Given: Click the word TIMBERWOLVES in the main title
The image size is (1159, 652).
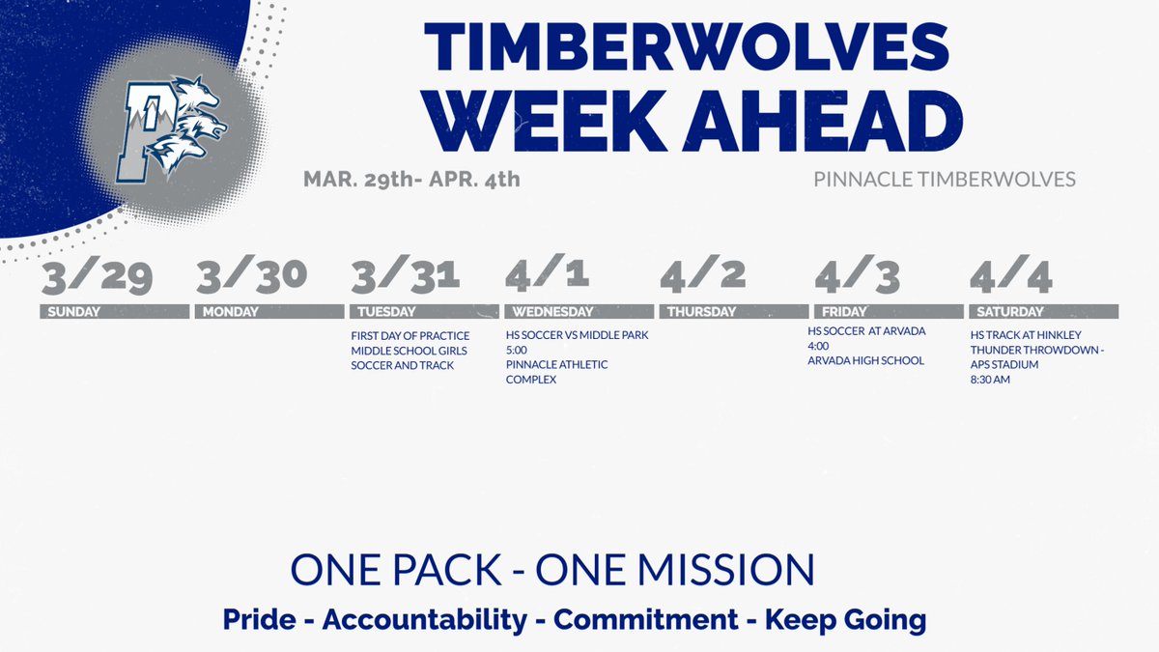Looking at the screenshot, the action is pyautogui.click(x=687, y=46).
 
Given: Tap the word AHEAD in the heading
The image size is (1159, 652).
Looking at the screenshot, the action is pyautogui.click(x=823, y=121).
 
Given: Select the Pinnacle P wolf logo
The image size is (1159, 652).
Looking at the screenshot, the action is pyautogui.click(x=171, y=128).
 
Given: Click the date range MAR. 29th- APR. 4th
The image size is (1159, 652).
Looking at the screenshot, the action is pyautogui.click(x=411, y=180).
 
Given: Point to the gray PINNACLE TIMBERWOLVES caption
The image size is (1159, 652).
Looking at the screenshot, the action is pyautogui.click(x=945, y=180).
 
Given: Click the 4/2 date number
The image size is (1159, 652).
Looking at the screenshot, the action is pyautogui.click(x=703, y=273).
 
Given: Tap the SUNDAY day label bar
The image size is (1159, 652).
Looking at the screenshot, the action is pyautogui.click(x=115, y=311).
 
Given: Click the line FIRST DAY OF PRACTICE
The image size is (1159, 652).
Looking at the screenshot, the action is pyautogui.click(x=410, y=336).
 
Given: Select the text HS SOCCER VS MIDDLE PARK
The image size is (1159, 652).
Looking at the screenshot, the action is pyautogui.click(x=577, y=335).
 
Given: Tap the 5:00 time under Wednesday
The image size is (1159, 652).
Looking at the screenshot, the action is pyautogui.click(x=517, y=351).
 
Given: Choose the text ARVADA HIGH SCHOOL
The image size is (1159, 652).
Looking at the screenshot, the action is pyautogui.click(x=865, y=360).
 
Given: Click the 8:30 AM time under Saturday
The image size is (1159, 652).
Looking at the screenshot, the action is pyautogui.click(x=990, y=380).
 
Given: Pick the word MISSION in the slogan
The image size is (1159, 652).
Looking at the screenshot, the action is pyautogui.click(x=727, y=570).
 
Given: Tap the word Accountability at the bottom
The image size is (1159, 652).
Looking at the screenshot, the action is pyautogui.click(x=424, y=620).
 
